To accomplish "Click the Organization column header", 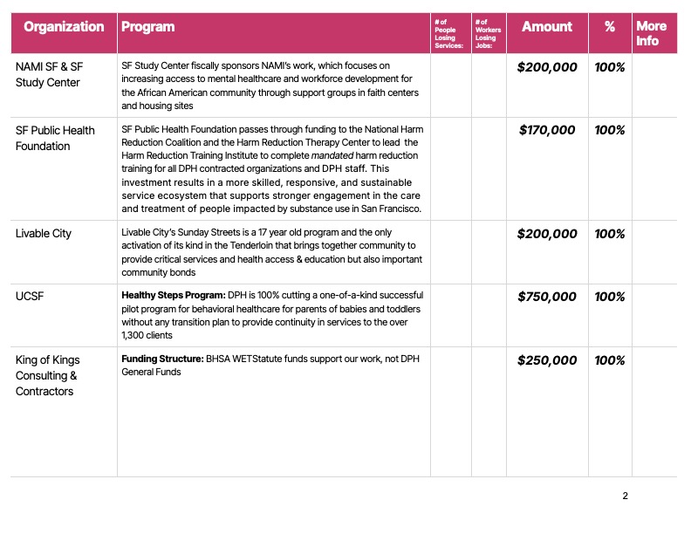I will pyautogui.click(x=64, y=27).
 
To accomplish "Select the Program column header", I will pyautogui.click(x=147, y=27).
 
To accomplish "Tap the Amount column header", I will pyautogui.click(x=547, y=27).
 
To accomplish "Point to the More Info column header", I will pyautogui.click(x=651, y=33).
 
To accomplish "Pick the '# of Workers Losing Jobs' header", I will pyautogui.click(x=486, y=33).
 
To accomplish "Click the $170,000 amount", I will pyautogui.click(x=547, y=130).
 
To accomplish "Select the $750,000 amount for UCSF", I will pyautogui.click(x=547, y=297).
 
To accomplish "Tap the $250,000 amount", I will pyautogui.click(x=547, y=360).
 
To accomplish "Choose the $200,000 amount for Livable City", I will pyautogui.click(x=547, y=234).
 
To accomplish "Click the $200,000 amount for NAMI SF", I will pyautogui.click(x=547, y=66).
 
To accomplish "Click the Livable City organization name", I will pyautogui.click(x=44, y=234).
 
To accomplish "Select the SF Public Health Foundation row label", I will pyautogui.click(x=55, y=138).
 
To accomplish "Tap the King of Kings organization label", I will pyautogui.click(x=46, y=375).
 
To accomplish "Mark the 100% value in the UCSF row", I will pyautogui.click(x=609, y=297).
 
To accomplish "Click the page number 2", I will pyautogui.click(x=625, y=496).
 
